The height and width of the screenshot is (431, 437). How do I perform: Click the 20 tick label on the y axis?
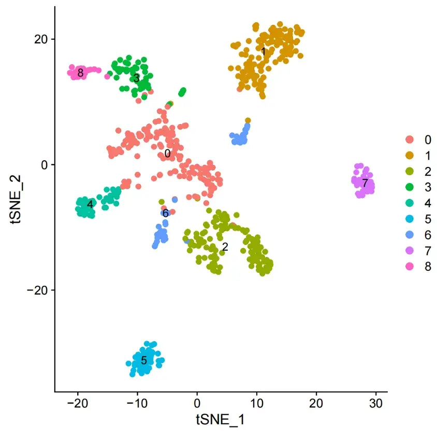click(41, 39)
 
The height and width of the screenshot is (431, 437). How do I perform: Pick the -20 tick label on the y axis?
click(37, 290)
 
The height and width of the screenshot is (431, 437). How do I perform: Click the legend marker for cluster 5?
click(410, 219)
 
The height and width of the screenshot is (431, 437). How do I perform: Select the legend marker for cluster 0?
click(410, 140)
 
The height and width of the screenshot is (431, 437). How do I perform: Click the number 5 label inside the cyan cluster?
click(144, 360)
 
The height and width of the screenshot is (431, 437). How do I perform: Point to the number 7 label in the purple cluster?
click(365, 183)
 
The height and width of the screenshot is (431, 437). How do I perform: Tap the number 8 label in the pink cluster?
click(80, 73)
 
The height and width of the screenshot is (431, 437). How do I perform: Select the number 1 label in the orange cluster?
click(264, 52)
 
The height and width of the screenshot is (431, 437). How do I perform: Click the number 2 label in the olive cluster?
click(225, 248)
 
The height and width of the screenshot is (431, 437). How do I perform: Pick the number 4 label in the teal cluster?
click(90, 204)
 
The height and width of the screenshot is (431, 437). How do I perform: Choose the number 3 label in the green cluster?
click(136, 79)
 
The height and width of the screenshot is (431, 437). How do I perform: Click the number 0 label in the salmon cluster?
click(167, 154)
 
